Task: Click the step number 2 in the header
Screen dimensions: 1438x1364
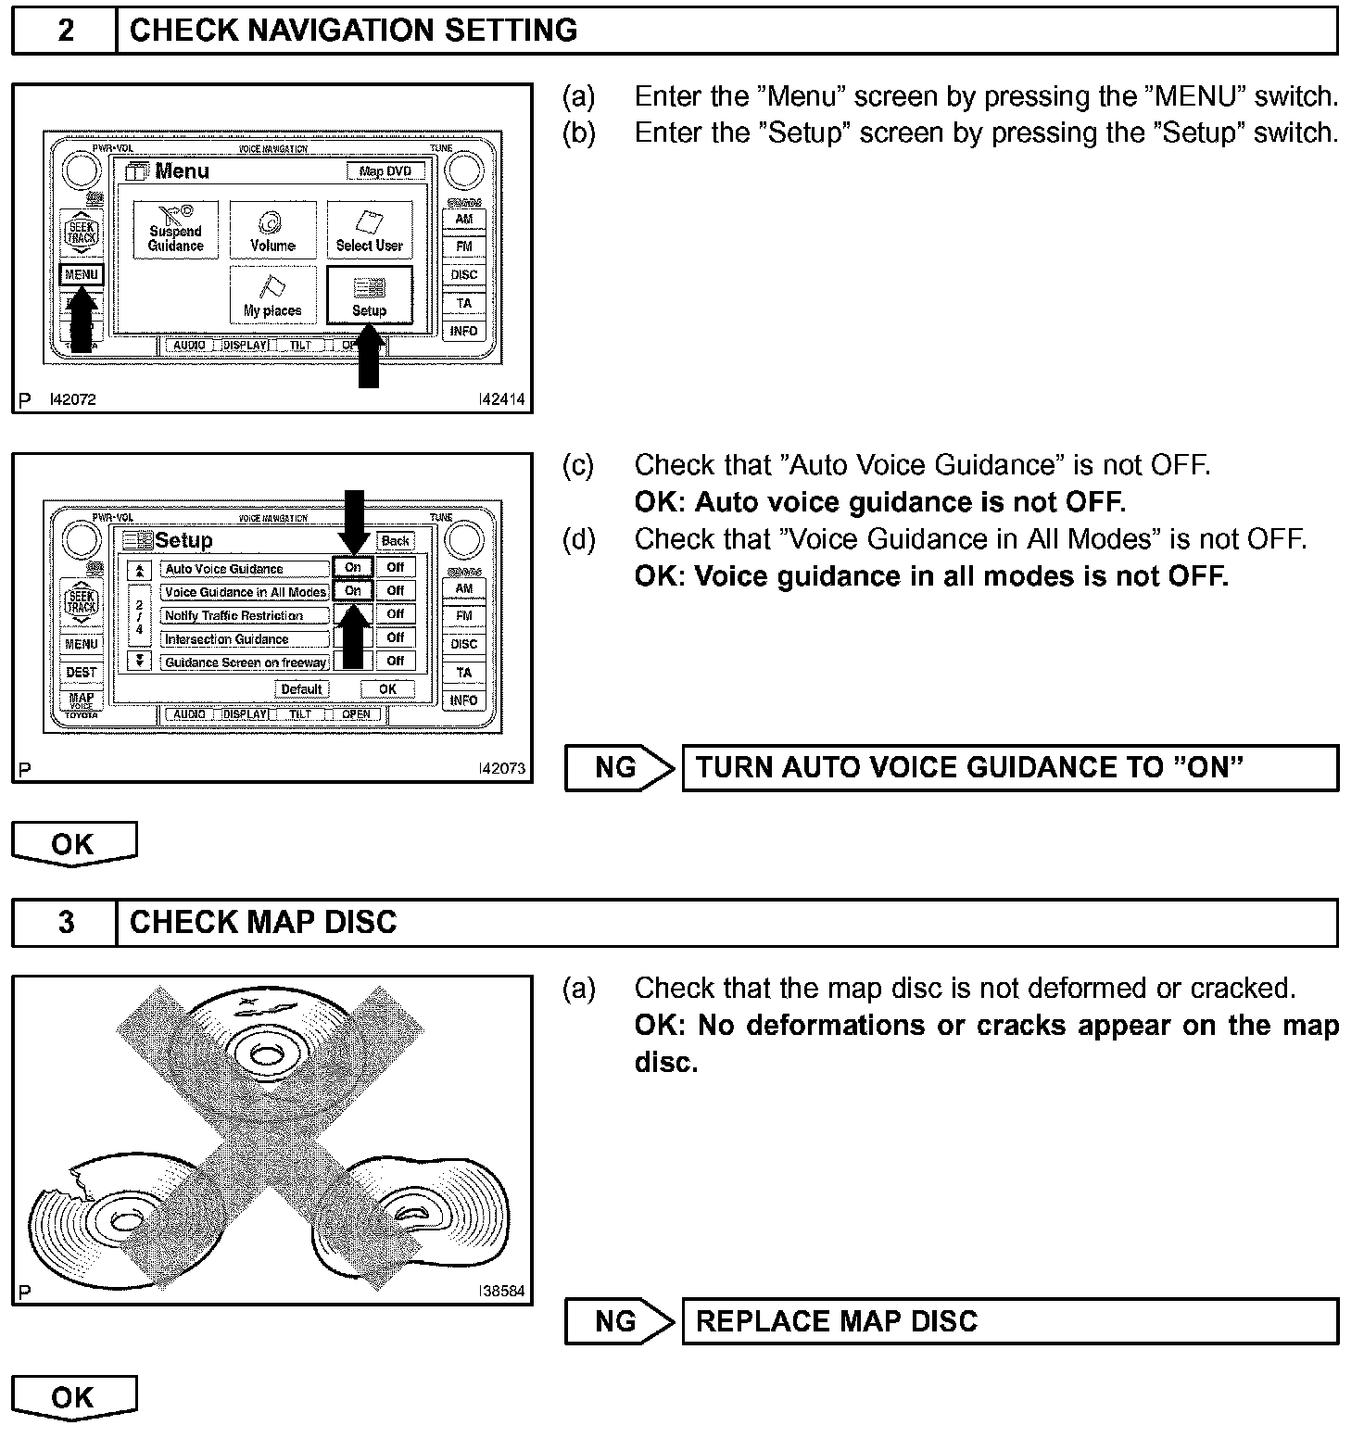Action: (66, 31)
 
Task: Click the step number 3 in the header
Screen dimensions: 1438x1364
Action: (66, 923)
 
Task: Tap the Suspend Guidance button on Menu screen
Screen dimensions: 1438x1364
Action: (175, 230)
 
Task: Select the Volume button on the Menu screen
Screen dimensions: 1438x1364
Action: (272, 230)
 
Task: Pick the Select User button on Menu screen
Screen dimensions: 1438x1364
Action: (369, 230)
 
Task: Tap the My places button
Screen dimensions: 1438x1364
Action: (272, 296)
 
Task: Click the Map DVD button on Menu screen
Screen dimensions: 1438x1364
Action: (385, 171)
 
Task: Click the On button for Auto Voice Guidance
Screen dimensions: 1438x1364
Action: (353, 567)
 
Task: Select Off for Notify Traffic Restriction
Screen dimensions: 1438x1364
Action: (396, 613)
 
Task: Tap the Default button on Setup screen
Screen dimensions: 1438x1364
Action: (301, 689)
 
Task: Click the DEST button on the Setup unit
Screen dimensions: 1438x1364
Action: (82, 672)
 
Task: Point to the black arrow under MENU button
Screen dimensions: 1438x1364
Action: (82, 321)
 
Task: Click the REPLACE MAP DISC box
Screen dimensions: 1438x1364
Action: (1009, 1320)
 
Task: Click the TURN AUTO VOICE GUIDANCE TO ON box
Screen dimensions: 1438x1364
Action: (1009, 768)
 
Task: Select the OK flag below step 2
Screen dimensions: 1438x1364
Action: (73, 844)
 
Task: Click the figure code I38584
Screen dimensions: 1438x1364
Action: (501, 1291)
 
